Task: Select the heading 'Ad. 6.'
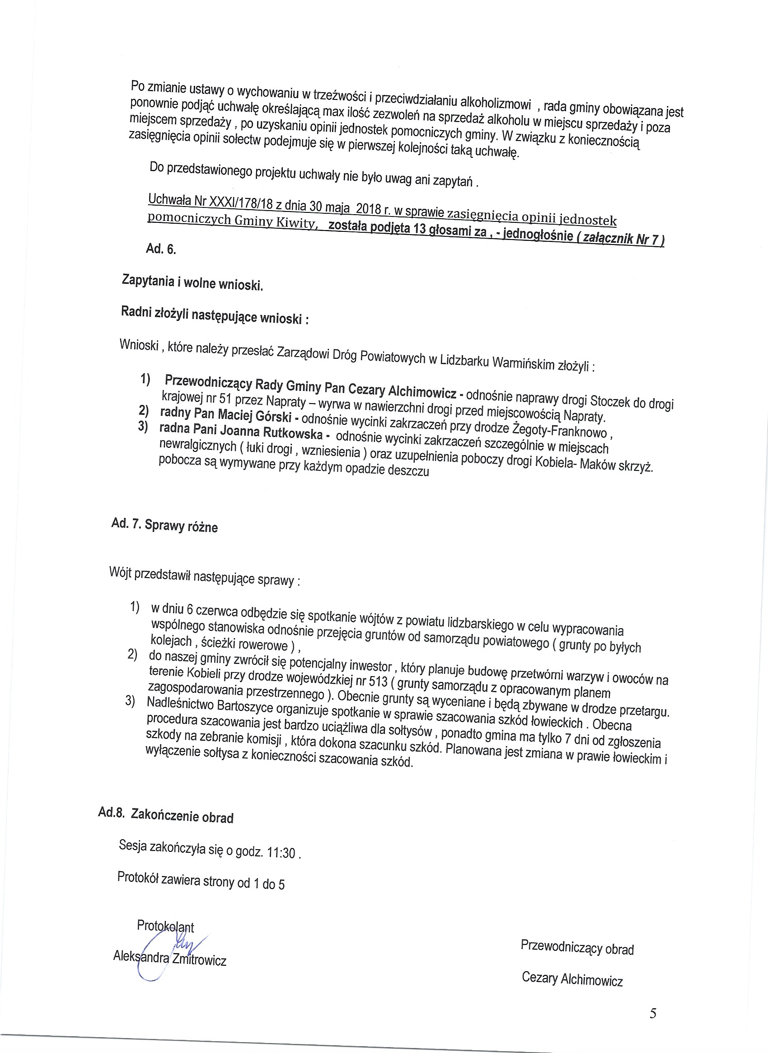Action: (x=161, y=249)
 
